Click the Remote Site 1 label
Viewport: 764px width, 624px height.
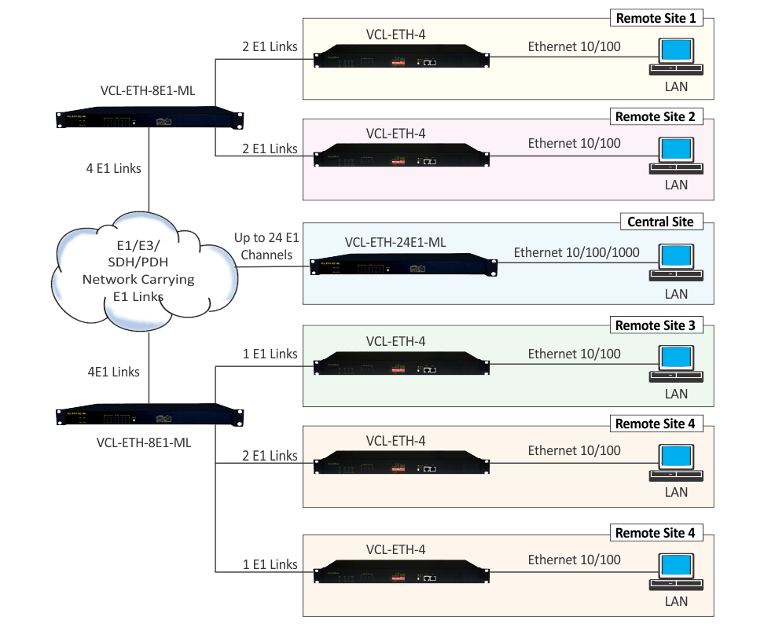655,18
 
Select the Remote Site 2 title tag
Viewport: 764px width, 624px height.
655,117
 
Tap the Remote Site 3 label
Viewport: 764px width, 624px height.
655,325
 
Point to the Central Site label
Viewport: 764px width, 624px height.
660,222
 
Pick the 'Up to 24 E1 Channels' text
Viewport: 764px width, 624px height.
266,246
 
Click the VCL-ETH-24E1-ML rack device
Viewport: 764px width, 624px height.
403,266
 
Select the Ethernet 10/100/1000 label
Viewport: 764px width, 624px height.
576,252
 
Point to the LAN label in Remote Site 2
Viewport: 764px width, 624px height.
676,185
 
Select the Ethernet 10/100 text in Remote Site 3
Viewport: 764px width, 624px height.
574,354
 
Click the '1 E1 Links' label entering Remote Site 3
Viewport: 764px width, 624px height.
270,354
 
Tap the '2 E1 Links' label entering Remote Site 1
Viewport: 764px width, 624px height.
270,46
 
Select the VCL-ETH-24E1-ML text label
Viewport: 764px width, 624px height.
395,243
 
